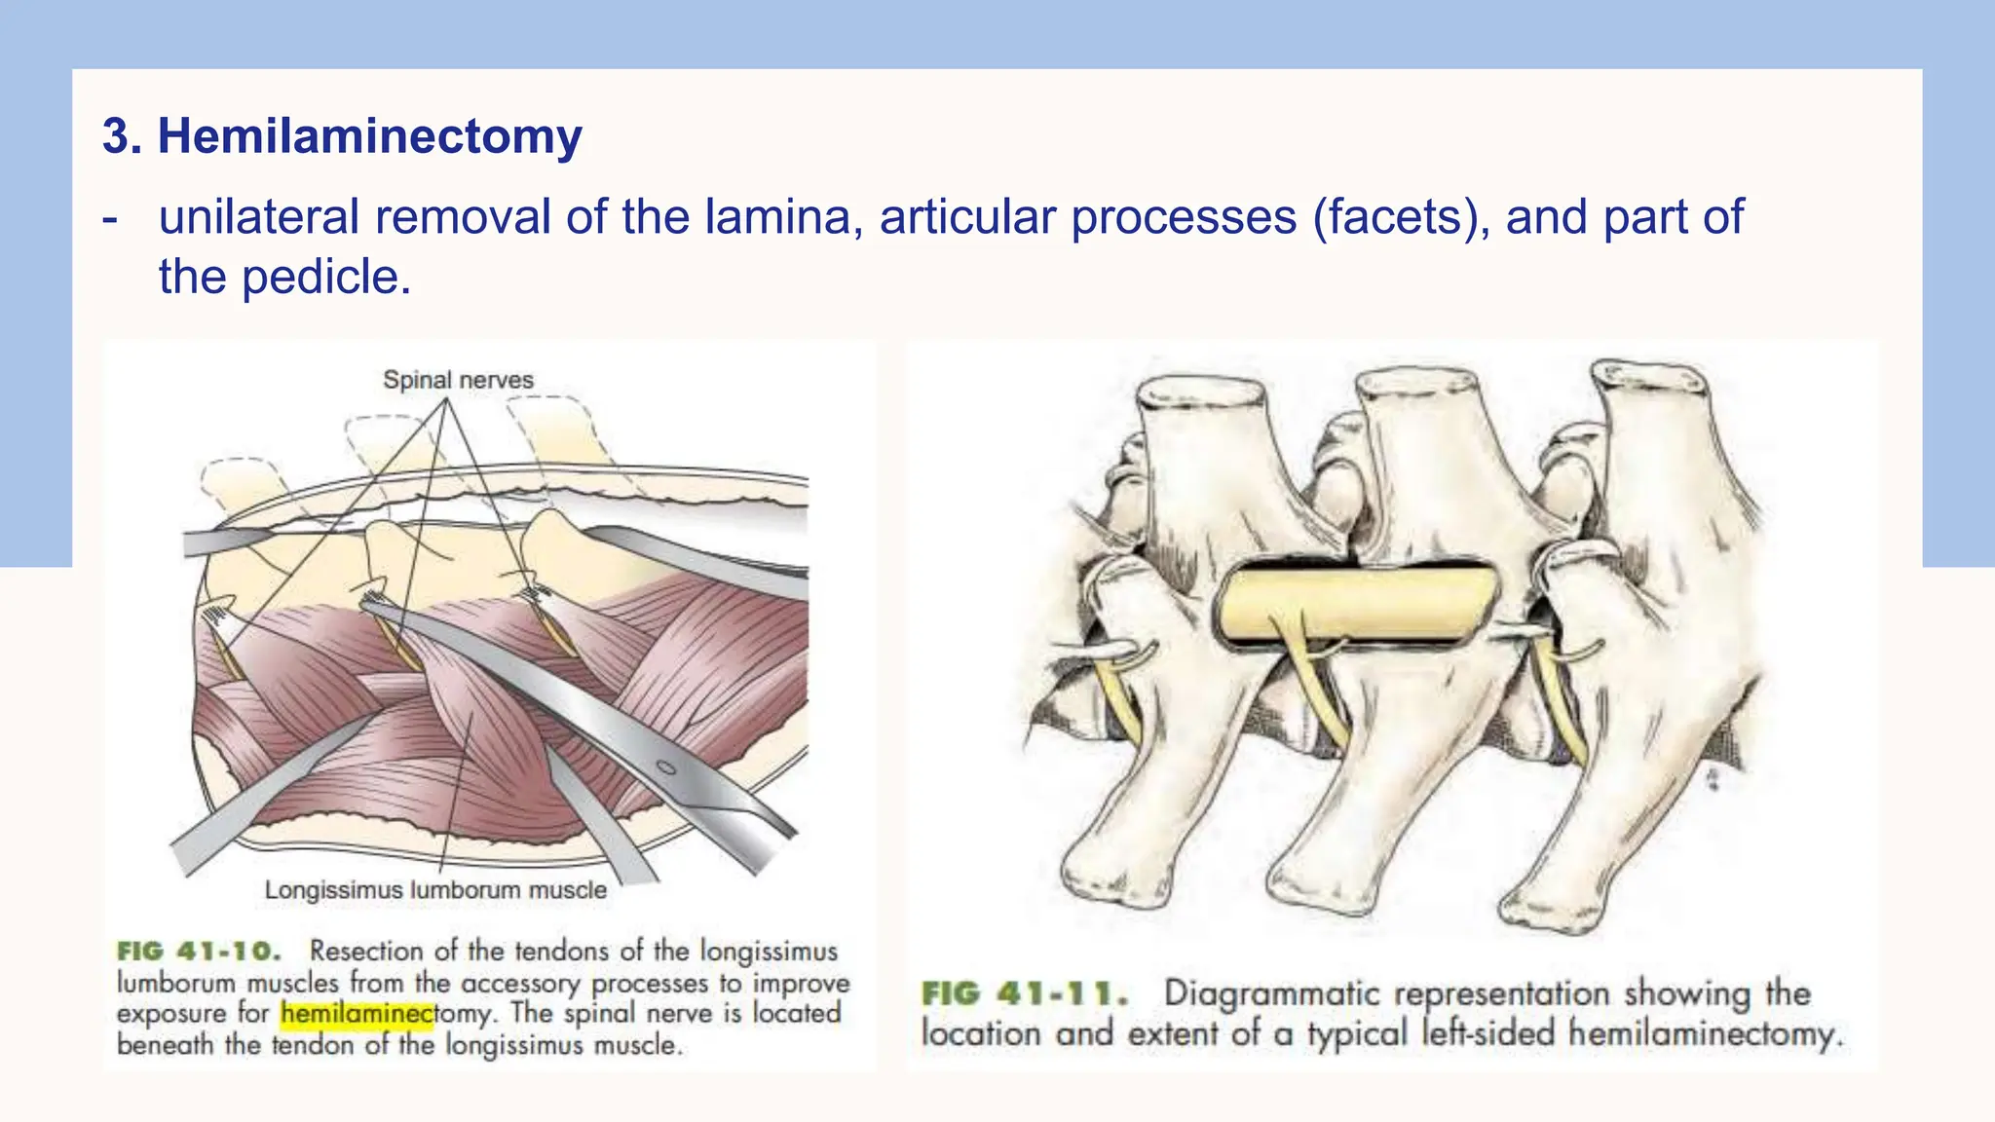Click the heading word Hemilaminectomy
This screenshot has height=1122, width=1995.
pyautogui.click(x=370, y=136)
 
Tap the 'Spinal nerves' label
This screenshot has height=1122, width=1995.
pyautogui.click(x=458, y=380)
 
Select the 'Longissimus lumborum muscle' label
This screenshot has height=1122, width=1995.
pyautogui.click(x=435, y=890)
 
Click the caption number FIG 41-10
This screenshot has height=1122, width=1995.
pyautogui.click(x=199, y=952)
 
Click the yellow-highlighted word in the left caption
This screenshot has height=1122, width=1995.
pyautogui.click(x=357, y=1014)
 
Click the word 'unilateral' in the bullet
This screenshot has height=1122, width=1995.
pyautogui.click(x=260, y=216)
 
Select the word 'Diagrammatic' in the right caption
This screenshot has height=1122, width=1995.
pyautogui.click(x=1273, y=994)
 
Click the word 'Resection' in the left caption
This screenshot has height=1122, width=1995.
pyautogui.click(x=367, y=951)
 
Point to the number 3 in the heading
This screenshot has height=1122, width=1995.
pyautogui.click(x=116, y=136)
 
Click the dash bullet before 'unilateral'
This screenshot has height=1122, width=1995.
pyautogui.click(x=110, y=220)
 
